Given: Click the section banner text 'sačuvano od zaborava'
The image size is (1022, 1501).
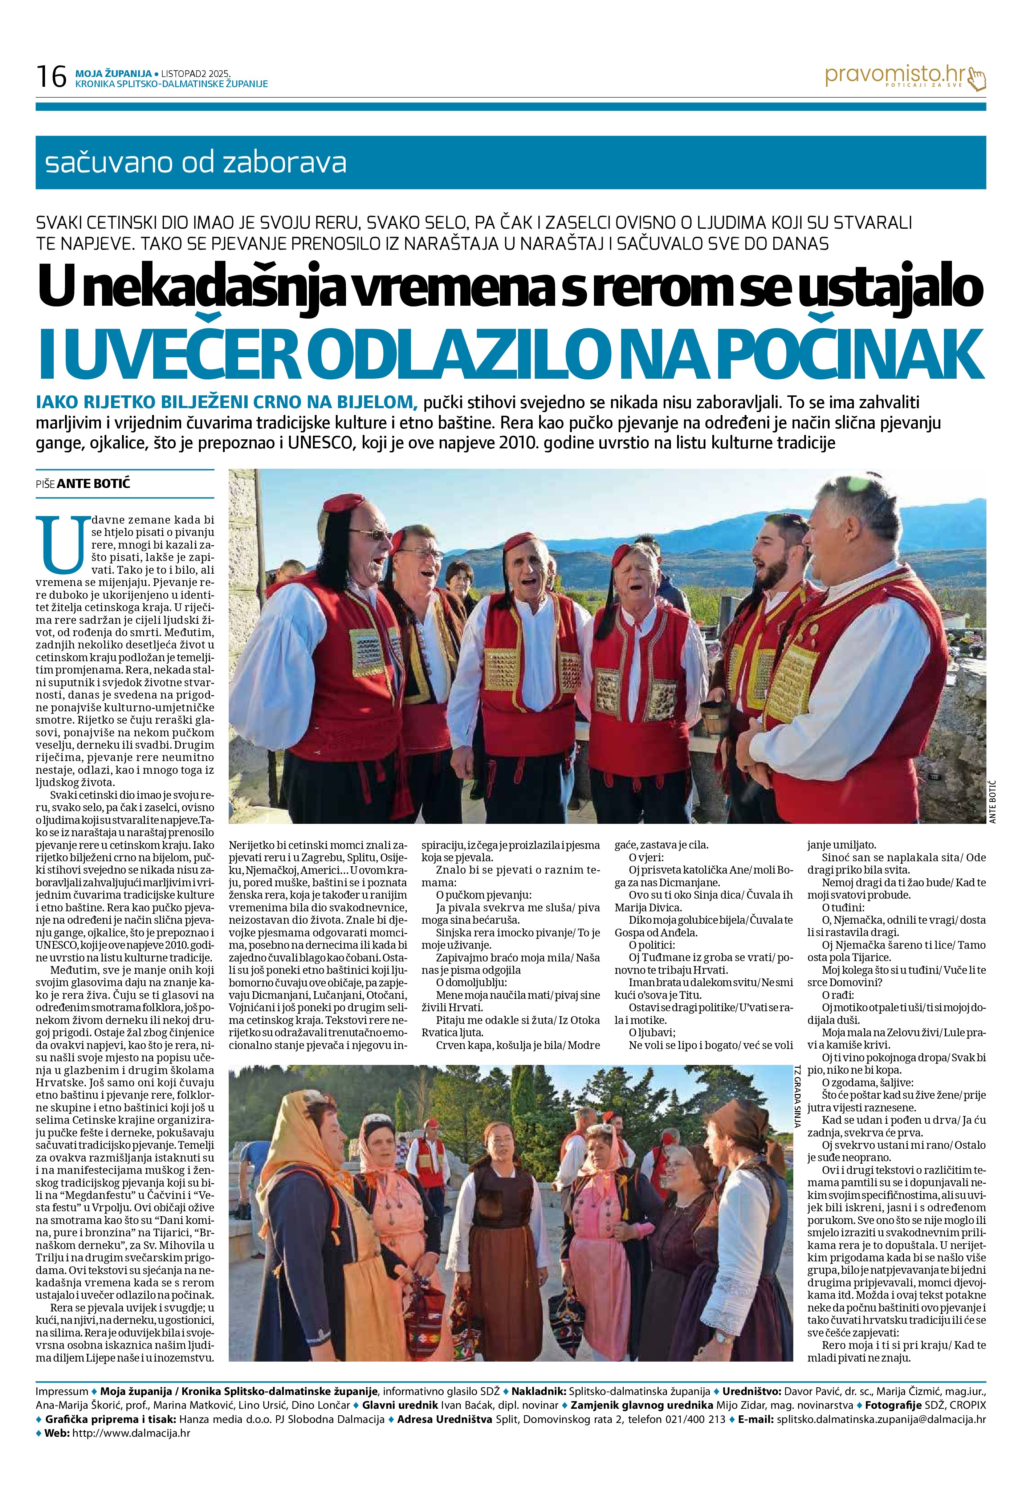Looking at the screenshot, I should [196, 163].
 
